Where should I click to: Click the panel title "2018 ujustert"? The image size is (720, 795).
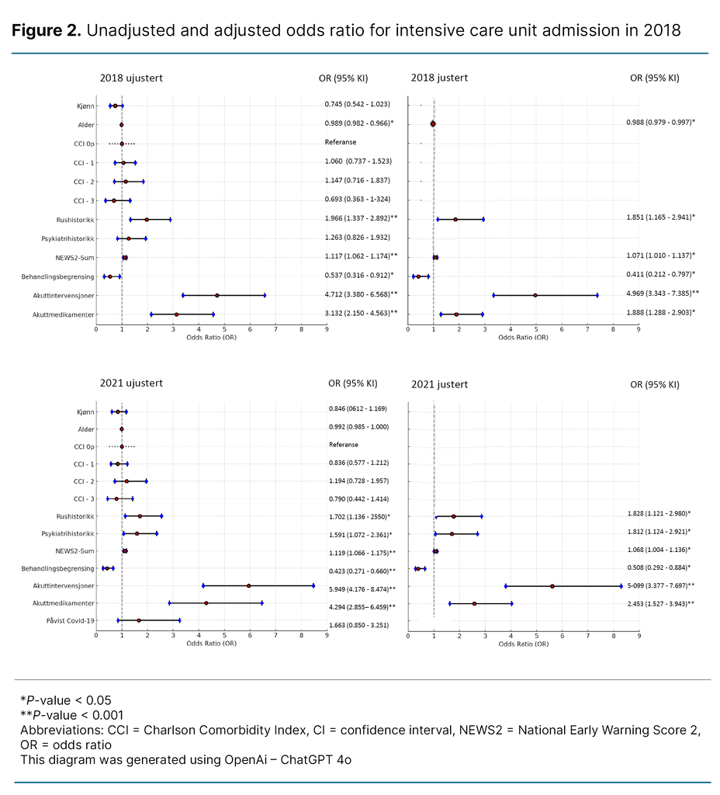pos(130,78)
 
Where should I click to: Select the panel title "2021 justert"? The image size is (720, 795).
pos(439,384)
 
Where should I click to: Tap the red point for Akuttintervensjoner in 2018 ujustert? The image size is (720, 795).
pos(217,295)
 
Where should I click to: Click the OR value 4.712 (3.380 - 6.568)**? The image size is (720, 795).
pos(361,294)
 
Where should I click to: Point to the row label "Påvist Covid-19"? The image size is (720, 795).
pos(72,620)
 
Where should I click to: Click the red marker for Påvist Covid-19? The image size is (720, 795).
pos(139,620)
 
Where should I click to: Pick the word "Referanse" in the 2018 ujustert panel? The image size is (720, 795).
pos(341,142)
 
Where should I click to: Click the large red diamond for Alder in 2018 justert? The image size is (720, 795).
pos(433,123)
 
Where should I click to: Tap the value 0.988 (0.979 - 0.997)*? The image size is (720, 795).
pos(660,122)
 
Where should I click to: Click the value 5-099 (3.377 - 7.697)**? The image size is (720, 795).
pos(661,585)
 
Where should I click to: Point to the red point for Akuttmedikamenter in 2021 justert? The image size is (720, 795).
pos(474,603)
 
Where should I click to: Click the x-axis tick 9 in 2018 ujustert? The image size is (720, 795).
pos(327,329)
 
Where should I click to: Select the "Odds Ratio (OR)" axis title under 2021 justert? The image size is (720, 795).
pos(523,644)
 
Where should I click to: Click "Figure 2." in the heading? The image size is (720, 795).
pos(46,31)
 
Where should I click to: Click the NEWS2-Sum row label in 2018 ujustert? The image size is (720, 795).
pos(77,257)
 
